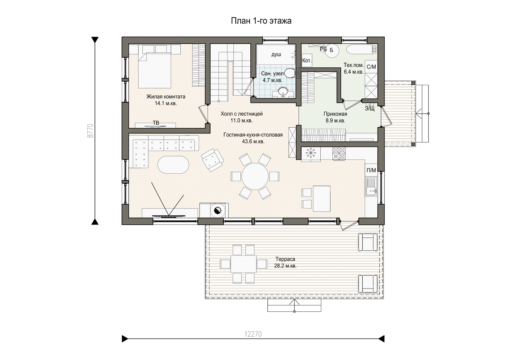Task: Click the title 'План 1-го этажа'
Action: point(261,21)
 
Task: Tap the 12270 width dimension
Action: point(253,334)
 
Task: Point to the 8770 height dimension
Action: point(91,131)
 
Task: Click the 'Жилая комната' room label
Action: point(166,97)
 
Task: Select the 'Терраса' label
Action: point(285,259)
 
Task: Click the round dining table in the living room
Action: point(255,177)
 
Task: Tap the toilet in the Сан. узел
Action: point(289,73)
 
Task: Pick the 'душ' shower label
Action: point(276,55)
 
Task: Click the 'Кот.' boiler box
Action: point(307,61)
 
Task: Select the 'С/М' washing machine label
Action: point(371,67)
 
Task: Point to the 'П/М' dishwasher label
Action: point(371,170)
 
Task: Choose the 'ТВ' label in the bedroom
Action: point(156,123)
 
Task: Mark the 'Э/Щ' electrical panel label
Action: point(370,109)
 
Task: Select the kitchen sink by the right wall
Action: point(371,186)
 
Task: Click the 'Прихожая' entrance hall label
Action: point(335,114)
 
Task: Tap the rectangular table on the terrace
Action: point(243,264)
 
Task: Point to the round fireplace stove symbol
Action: point(218,211)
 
